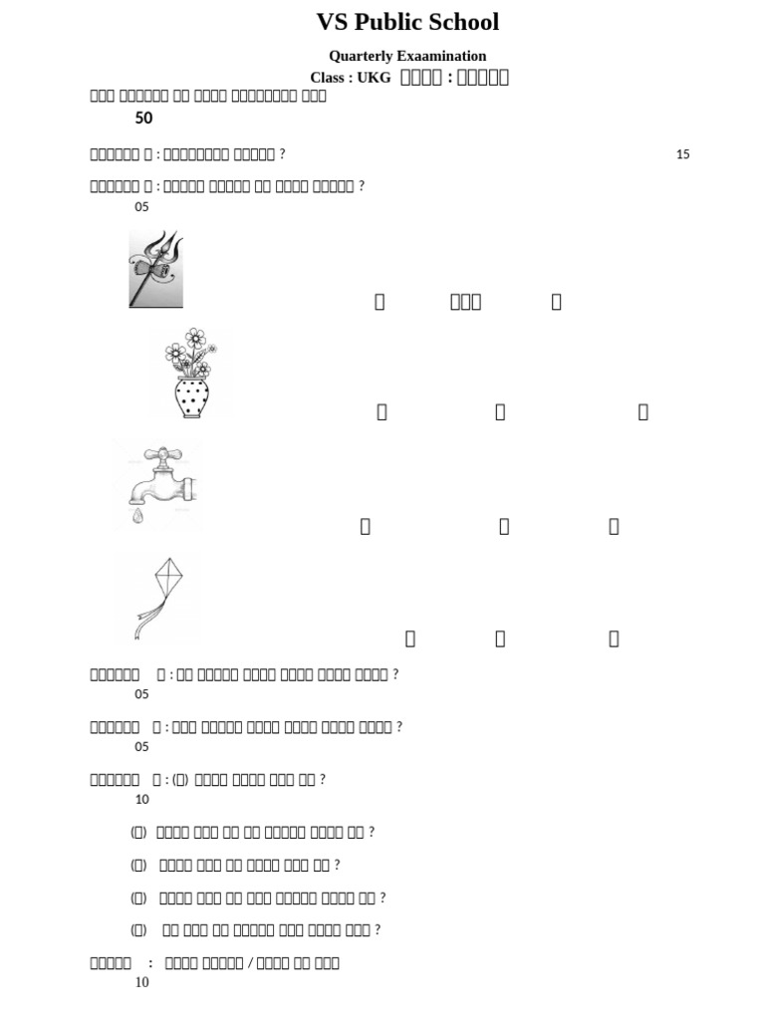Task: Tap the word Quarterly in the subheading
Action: pyautogui.click(x=364, y=57)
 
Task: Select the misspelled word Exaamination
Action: pyautogui.click(x=443, y=57)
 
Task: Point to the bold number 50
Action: pyautogui.click(x=143, y=119)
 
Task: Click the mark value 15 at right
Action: pyautogui.click(x=682, y=154)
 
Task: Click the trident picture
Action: pyautogui.click(x=156, y=269)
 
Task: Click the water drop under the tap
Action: pyautogui.click(x=137, y=516)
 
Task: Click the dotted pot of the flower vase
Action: pyautogui.click(x=191, y=396)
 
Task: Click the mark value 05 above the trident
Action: pyautogui.click(x=141, y=207)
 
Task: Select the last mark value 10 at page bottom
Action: pyautogui.click(x=141, y=983)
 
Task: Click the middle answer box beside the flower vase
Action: pyautogui.click(x=500, y=412)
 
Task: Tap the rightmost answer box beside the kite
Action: pyautogui.click(x=614, y=639)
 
